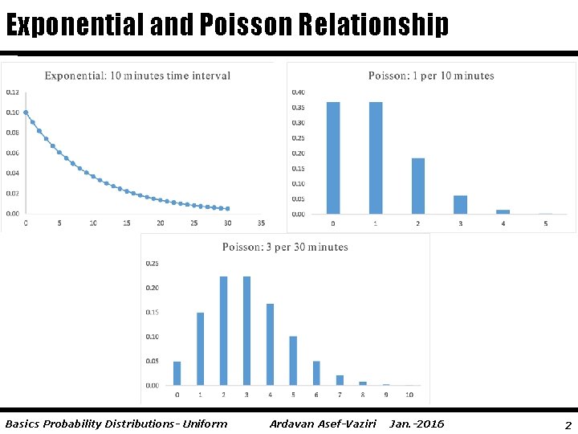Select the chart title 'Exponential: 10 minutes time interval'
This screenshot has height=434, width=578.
pyautogui.click(x=137, y=76)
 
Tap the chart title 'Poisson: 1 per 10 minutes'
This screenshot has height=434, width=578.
pyautogui.click(x=431, y=76)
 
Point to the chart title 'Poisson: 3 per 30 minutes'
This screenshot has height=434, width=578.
pyautogui.click(x=285, y=248)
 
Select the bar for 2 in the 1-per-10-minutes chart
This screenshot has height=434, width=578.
pyautogui.click(x=418, y=186)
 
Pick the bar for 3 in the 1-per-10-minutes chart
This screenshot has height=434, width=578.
pyautogui.click(x=461, y=204)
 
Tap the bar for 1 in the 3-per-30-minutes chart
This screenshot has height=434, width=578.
pyautogui.click(x=200, y=349)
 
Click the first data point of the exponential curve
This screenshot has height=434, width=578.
pyautogui.click(x=26, y=113)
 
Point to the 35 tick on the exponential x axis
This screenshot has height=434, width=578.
pyautogui.click(x=262, y=223)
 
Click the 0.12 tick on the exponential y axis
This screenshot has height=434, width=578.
pyautogui.click(x=13, y=92)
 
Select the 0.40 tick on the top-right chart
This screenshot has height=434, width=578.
pyautogui.click(x=298, y=92)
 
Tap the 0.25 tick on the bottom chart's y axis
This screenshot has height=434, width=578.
pyautogui.click(x=152, y=263)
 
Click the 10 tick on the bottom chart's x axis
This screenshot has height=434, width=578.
pyautogui.click(x=409, y=395)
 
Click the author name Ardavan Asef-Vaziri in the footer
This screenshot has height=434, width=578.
pyautogui.click(x=323, y=424)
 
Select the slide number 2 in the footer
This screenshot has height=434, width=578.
pyautogui.click(x=568, y=424)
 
